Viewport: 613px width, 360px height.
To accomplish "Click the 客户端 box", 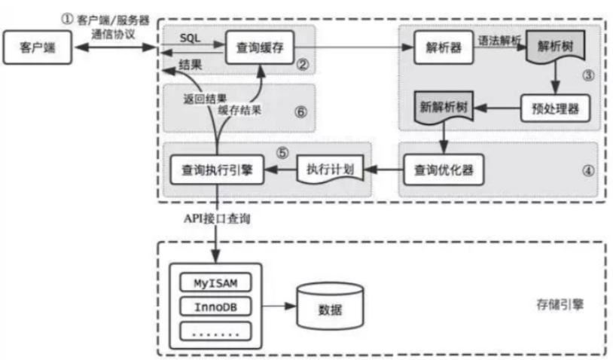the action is point(38,47).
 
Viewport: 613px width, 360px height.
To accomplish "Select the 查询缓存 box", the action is point(260,47).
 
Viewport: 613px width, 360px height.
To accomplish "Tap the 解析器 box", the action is point(444,47).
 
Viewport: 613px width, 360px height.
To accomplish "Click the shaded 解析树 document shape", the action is point(556,47).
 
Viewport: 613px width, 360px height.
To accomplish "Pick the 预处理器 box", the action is point(555,108).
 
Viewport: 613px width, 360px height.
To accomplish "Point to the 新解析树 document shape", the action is point(444,108).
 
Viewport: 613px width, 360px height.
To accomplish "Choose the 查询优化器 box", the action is point(444,169).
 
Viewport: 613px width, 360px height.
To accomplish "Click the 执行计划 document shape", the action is point(331,169).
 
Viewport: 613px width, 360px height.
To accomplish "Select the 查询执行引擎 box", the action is point(217,169).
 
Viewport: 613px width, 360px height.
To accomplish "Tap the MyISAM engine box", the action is point(215,282).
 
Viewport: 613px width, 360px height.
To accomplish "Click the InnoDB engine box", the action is point(215,307).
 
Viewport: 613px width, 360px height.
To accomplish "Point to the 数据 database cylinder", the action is point(331,306).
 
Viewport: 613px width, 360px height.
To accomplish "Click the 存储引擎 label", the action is point(560,304).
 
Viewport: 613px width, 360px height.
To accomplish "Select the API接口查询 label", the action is point(217,218).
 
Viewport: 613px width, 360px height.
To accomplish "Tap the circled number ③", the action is point(588,75).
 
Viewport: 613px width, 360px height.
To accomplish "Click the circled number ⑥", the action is point(300,112).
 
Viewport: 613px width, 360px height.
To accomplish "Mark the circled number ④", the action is point(588,170).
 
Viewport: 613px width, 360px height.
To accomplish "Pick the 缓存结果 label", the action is point(239,110).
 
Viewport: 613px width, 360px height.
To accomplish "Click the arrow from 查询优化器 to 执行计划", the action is point(384,169).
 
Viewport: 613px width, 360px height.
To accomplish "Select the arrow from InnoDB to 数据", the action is point(279,306).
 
